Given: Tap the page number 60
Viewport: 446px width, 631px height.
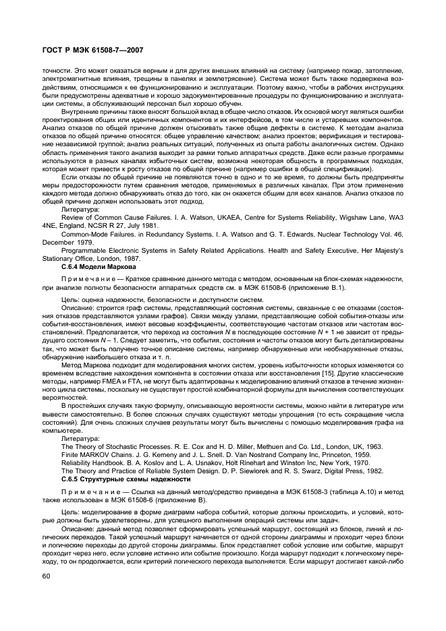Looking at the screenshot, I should pos(47,575).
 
